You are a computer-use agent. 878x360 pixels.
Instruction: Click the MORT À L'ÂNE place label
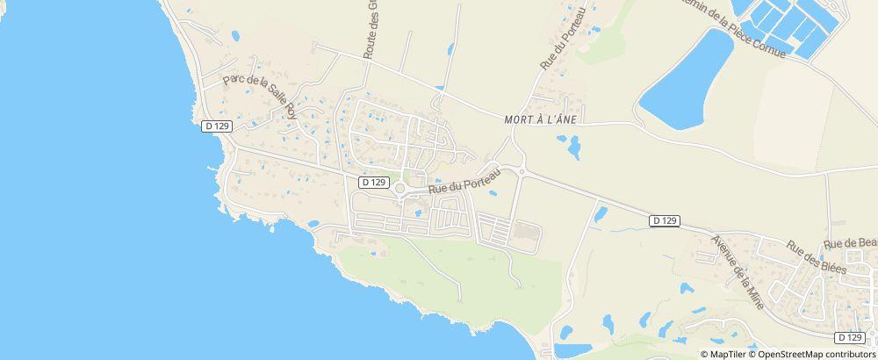coord(540,121)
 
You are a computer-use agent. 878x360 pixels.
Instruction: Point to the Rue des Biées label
coord(816,257)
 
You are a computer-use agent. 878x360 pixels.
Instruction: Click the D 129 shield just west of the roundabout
coord(373,182)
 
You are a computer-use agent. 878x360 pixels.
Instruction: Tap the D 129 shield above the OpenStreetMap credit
coord(849,337)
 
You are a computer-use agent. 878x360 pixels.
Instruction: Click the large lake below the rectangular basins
coord(685,79)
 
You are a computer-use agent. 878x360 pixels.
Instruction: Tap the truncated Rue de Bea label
coord(850,243)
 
